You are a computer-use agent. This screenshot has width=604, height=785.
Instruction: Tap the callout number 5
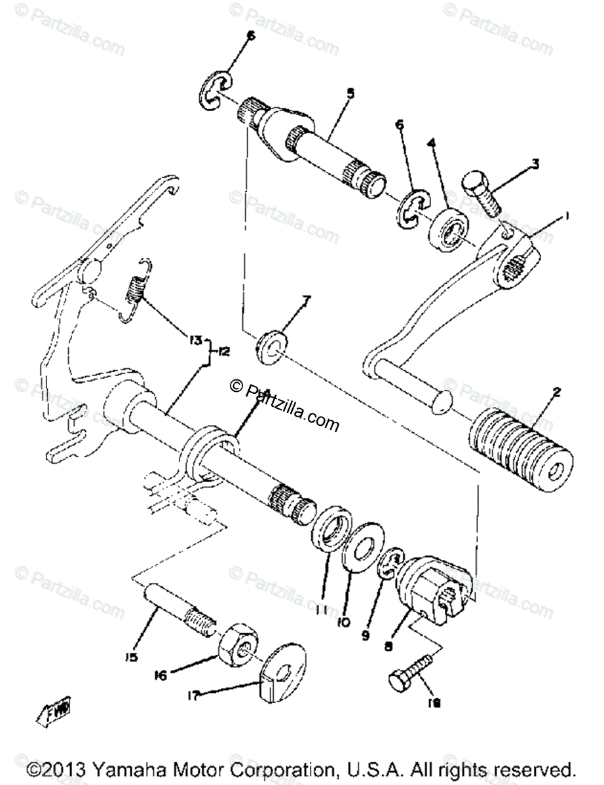tap(350, 94)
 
